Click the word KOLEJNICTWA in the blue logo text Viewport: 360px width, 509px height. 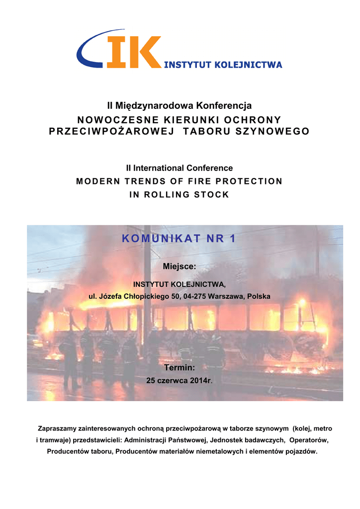(250, 65)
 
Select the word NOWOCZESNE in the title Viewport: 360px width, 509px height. (103, 120)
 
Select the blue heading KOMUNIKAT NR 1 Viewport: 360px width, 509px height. (180, 239)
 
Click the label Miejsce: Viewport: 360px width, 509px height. (180, 267)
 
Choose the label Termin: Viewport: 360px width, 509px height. (180, 368)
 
